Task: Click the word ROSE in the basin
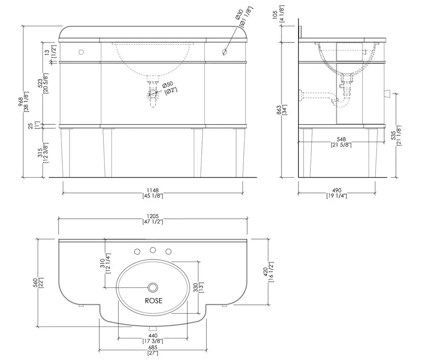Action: [153, 301]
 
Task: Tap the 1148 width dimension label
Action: [153, 193]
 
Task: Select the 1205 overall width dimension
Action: [153, 219]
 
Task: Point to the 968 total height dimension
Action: [23, 102]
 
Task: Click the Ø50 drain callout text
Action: [170, 88]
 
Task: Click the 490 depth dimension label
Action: [337, 193]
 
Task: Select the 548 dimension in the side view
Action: [341, 142]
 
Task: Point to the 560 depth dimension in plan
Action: [38, 283]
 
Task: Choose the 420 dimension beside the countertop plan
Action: [268, 272]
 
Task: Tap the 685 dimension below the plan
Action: [153, 350]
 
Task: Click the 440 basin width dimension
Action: [153, 338]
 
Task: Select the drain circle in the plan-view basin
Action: [153, 287]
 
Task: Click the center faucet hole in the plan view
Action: [153, 250]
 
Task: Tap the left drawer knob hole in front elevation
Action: [81, 52]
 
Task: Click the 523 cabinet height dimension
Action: [42, 83]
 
